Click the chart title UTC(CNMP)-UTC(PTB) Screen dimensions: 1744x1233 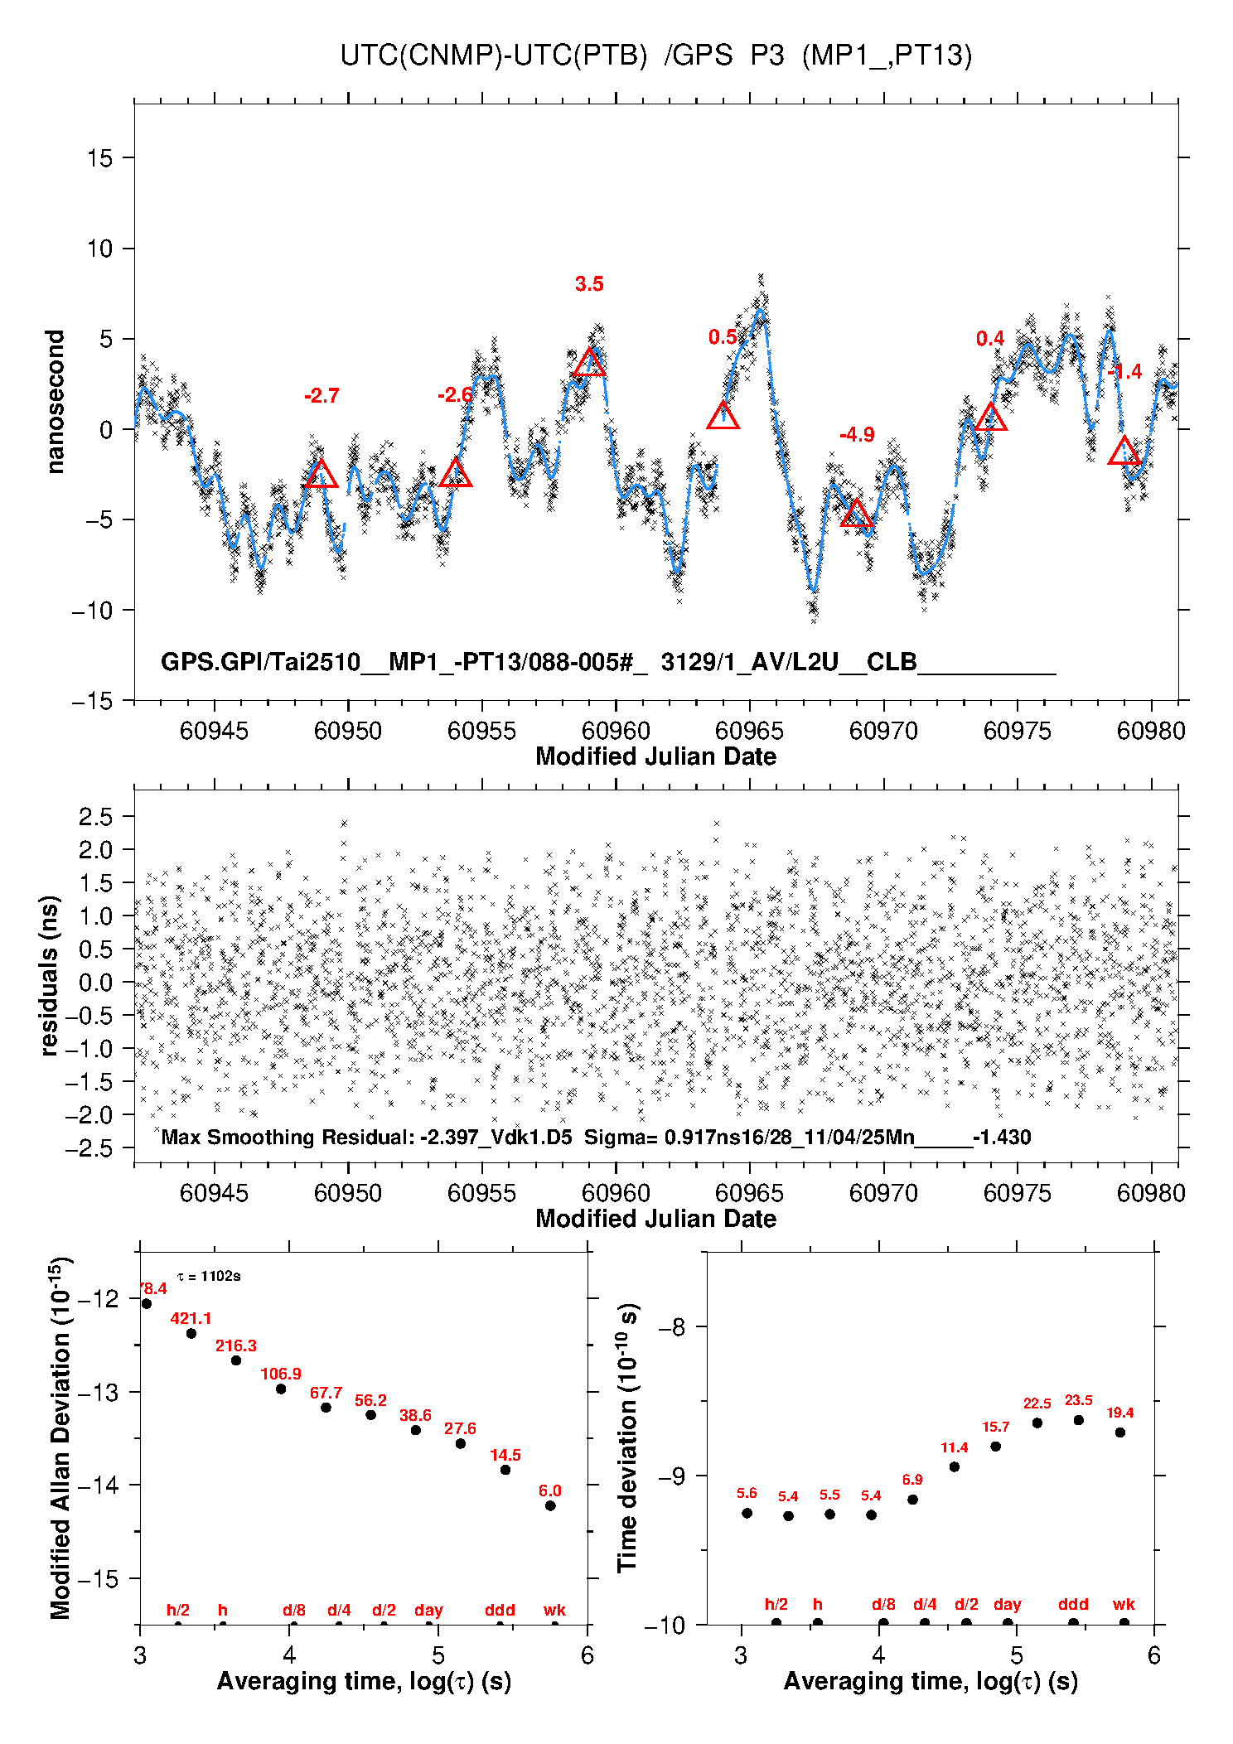[x=493, y=56]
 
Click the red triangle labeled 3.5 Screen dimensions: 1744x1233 [x=589, y=363]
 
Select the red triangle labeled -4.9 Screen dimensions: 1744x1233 [x=857, y=515]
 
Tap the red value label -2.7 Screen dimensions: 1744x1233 [x=322, y=396]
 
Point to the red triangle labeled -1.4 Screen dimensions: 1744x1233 [x=1124, y=452]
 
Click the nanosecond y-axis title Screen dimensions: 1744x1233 [x=56, y=402]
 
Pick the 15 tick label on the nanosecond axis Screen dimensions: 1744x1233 [x=99, y=158]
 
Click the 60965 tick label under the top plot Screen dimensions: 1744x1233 [x=749, y=731]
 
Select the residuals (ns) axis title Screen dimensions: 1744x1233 [x=50, y=975]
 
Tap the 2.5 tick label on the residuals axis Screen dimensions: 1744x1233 [x=95, y=817]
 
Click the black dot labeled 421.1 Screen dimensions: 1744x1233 [x=191, y=1333]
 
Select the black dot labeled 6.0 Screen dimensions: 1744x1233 [x=550, y=1505]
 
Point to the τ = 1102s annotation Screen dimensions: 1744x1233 [x=209, y=1276]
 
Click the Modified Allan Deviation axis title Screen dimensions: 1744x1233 [x=60, y=1437]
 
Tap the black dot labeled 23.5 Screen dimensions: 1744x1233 [x=1078, y=1420]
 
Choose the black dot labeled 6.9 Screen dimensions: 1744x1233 [x=912, y=1500]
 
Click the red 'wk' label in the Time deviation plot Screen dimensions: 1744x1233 [x=1124, y=1605]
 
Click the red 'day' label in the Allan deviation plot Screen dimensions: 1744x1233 [x=428, y=1610]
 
